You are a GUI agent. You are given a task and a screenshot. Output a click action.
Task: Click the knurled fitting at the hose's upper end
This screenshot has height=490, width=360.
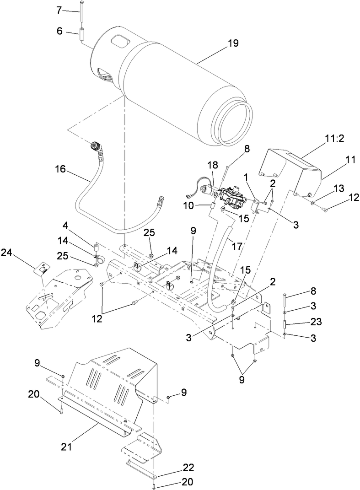(97, 147)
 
